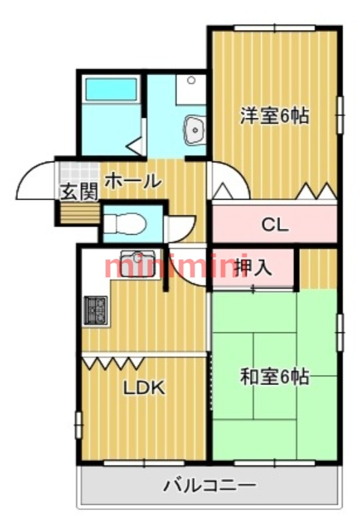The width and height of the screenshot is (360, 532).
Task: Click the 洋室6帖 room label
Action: pyautogui.click(x=274, y=116)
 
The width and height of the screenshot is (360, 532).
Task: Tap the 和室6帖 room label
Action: pyautogui.click(x=274, y=377)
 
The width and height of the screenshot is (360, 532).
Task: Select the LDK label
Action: pyautogui.click(x=144, y=388)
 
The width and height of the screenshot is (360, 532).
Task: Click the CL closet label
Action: pyautogui.click(x=274, y=225)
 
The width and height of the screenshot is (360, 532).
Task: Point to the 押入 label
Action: pyautogui.click(x=254, y=267)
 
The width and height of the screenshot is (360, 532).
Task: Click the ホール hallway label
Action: pyautogui.click(x=132, y=180)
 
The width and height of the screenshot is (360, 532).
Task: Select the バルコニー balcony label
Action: pyautogui.click(x=210, y=485)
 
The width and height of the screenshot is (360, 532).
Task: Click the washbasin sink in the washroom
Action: pyautogui.click(x=195, y=128)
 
